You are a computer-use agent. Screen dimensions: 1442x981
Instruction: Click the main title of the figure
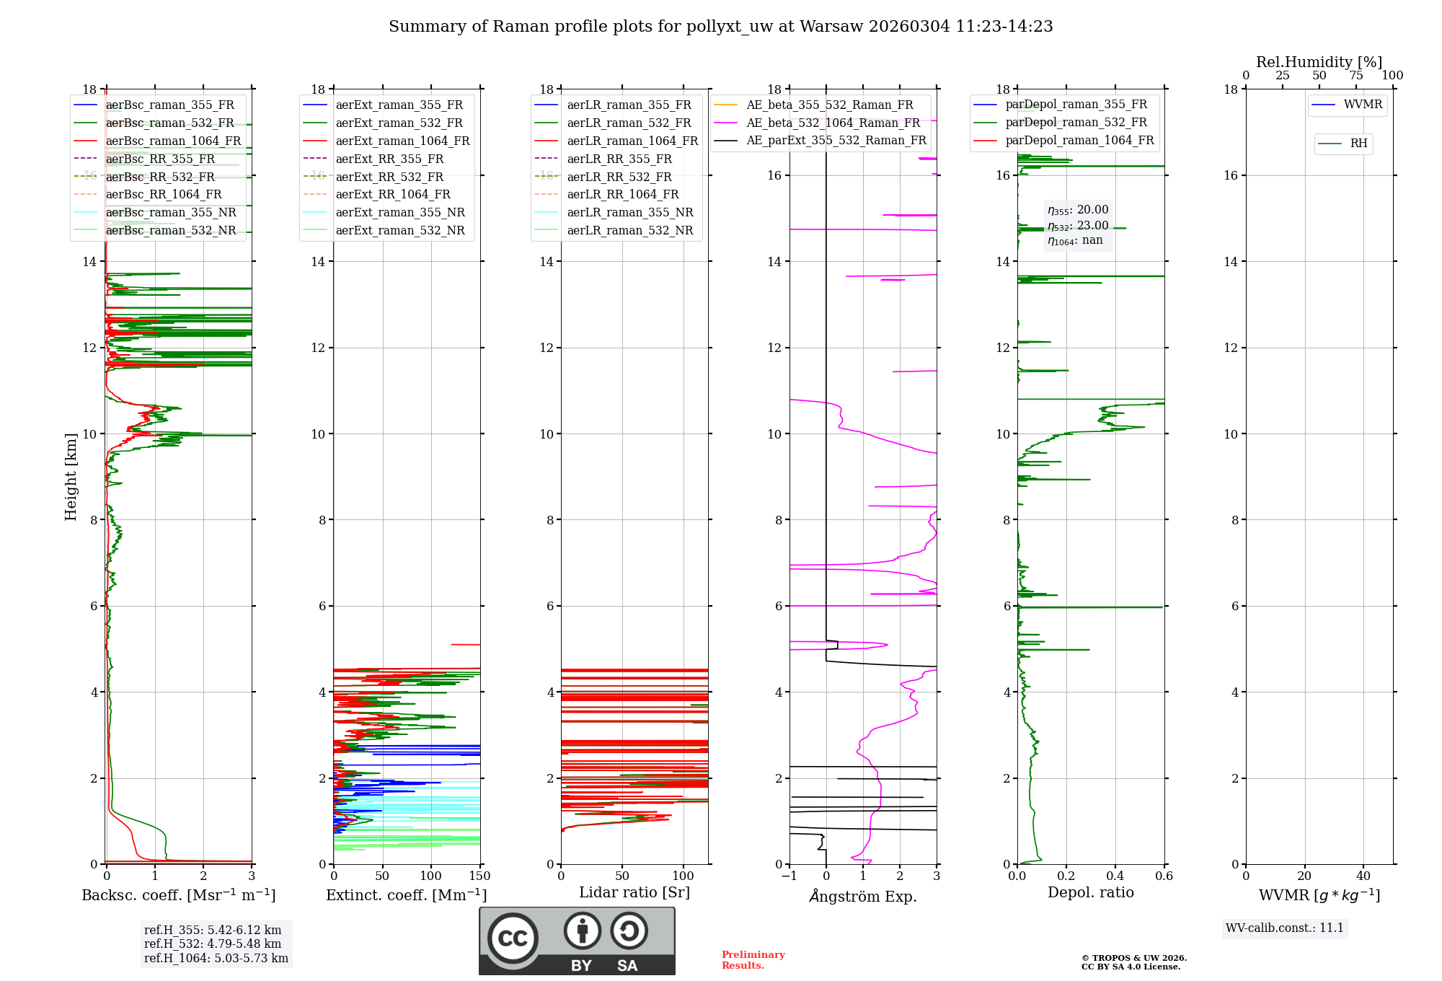(721, 27)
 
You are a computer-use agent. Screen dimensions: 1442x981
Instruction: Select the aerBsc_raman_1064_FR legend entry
(157, 141)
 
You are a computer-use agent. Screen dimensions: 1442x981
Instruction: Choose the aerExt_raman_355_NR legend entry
(384, 212)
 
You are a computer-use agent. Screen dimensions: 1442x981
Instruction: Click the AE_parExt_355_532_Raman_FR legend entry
(820, 140)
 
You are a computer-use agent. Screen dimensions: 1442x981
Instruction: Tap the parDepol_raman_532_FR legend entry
(1060, 123)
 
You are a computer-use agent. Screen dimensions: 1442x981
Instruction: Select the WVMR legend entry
(1347, 105)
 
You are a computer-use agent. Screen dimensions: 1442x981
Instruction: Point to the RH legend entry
(1343, 144)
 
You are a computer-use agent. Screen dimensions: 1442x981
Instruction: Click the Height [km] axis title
(71, 477)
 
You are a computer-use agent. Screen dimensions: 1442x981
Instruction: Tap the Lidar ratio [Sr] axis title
(634, 892)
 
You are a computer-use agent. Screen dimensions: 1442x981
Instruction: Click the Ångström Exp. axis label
(863, 896)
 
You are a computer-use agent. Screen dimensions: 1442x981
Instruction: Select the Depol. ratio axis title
(1091, 892)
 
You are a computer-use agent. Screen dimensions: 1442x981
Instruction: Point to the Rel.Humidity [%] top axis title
(1319, 62)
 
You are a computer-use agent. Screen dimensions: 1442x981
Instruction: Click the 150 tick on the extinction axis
(479, 876)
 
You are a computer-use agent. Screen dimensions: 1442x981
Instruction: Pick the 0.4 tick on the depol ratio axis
(1115, 876)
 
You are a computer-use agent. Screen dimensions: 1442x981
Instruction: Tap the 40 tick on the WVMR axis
(1363, 876)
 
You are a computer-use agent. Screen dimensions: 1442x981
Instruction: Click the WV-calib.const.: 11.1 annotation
(1285, 928)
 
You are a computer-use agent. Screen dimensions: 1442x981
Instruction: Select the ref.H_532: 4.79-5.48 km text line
(213, 943)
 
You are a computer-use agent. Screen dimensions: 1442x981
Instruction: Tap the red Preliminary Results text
(753, 960)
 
